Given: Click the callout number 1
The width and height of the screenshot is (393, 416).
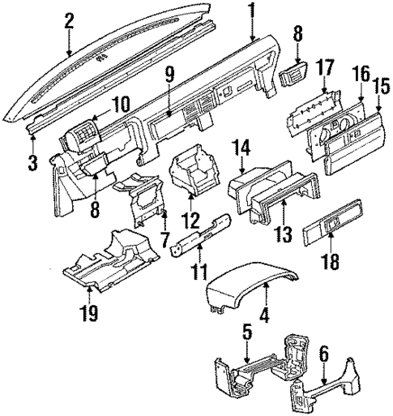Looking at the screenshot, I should [254, 11].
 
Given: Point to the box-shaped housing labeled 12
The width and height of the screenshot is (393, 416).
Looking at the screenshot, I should [193, 173].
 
